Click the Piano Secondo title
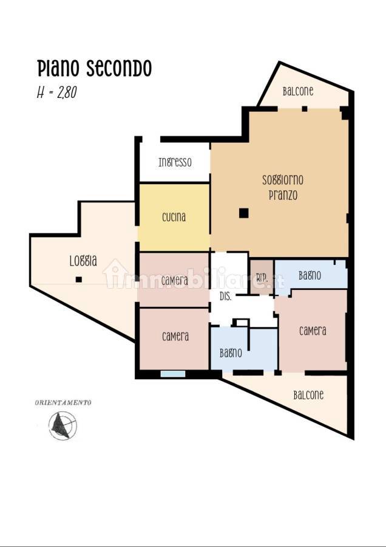(94, 68)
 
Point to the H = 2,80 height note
(57, 92)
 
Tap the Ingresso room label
(175, 162)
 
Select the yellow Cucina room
(174, 217)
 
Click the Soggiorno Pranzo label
(283, 187)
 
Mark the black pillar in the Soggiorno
(244, 213)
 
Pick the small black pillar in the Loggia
(79, 279)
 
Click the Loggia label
(83, 261)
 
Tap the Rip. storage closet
(262, 278)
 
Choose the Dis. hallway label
(225, 297)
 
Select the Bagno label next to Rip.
(310, 275)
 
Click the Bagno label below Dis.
(231, 353)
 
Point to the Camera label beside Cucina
(175, 280)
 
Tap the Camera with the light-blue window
(174, 339)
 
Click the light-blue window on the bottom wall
(173, 374)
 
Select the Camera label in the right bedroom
(313, 331)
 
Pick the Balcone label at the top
(298, 91)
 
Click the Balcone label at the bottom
(308, 395)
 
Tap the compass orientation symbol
(63, 425)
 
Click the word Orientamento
(63, 402)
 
